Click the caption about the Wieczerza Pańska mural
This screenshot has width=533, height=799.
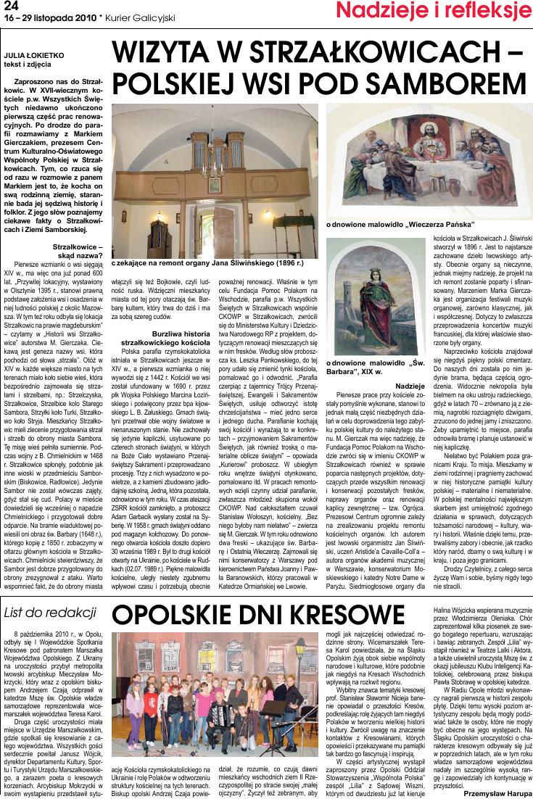click(400, 224)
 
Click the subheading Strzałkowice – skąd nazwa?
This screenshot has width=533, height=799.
click(78, 251)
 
